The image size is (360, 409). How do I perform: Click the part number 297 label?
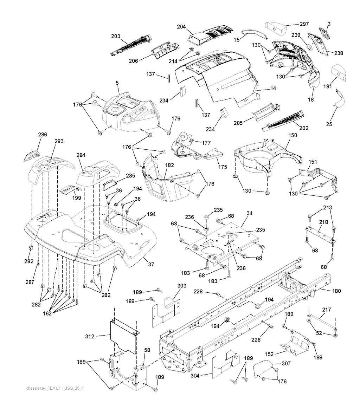click(x=304, y=24)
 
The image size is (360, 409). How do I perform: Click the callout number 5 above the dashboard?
click(x=117, y=83)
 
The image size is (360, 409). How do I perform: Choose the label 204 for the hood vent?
click(x=181, y=27)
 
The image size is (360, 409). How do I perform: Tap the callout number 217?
click(x=327, y=310)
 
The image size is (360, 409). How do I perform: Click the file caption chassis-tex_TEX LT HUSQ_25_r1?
click(x=56, y=389)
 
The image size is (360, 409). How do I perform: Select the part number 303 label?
click(x=182, y=286)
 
